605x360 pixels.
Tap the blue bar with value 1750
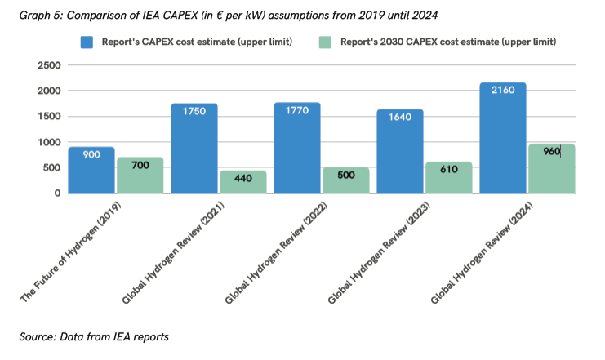click(194, 149)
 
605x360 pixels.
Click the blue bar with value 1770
click(297, 148)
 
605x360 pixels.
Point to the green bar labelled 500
click(346, 180)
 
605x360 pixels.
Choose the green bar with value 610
click(449, 177)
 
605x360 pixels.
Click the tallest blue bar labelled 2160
click(503, 138)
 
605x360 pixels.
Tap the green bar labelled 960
click(552, 169)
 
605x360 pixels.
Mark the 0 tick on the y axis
click(57, 193)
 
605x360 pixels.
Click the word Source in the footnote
click(38, 336)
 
